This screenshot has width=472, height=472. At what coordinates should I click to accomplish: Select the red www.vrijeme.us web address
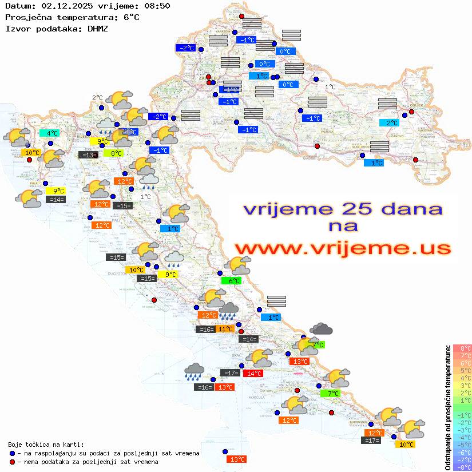[x=342, y=249]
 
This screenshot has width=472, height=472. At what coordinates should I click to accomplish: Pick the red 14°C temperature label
[x=253, y=374]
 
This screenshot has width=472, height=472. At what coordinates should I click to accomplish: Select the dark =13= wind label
[x=88, y=155]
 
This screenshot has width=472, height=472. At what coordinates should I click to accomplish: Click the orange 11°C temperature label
[x=225, y=329]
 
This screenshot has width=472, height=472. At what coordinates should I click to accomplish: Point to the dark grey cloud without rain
[x=322, y=329]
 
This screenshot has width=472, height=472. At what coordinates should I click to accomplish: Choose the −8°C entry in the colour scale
[x=462, y=467]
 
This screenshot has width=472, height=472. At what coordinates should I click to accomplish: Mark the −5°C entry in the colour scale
[x=462, y=445]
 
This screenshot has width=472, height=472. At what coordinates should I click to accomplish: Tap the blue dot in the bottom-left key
[x=13, y=453]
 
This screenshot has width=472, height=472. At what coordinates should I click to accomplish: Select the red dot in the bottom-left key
[x=13, y=462]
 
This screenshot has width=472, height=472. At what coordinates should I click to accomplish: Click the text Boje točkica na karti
[x=46, y=445]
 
